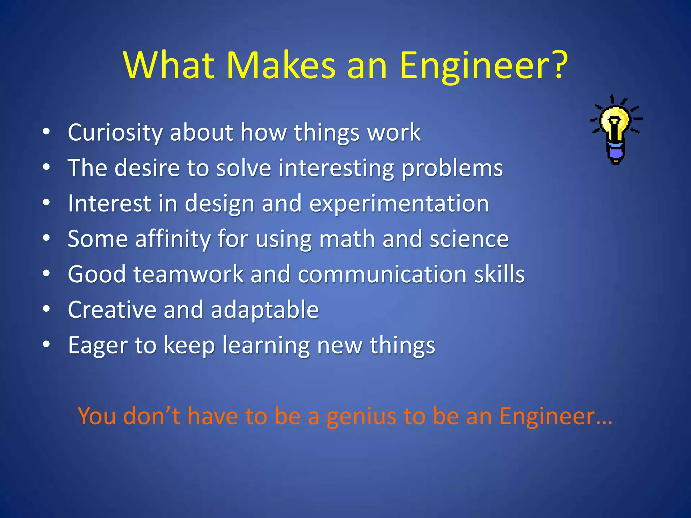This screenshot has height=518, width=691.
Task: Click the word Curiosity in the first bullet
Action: [x=115, y=132]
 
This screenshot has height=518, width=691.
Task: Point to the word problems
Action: [x=452, y=168]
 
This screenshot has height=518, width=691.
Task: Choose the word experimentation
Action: [x=399, y=204]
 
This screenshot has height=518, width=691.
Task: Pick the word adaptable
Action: [x=265, y=310]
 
